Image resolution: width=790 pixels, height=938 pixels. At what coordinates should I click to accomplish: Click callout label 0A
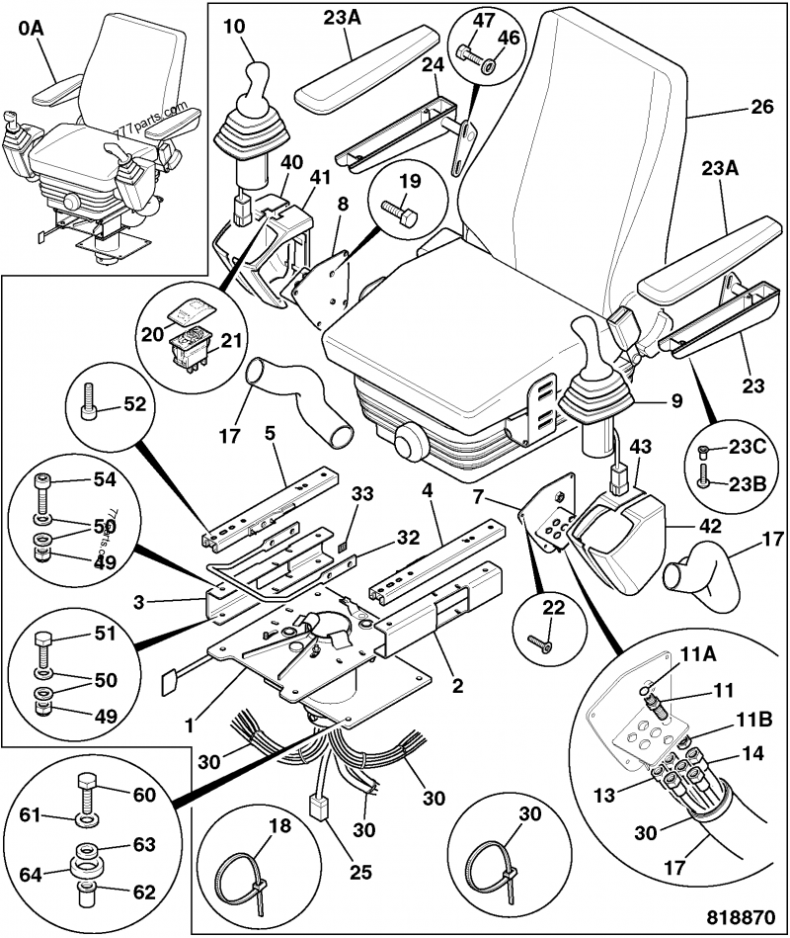(x=30, y=31)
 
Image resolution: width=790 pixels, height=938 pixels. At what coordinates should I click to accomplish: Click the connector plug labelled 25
(x=320, y=808)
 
